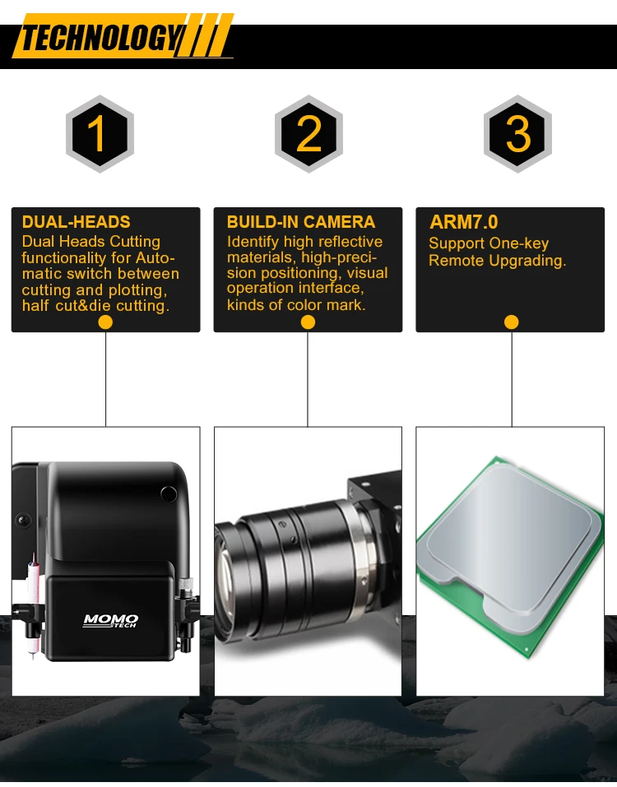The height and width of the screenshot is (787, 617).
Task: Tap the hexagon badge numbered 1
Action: (x=100, y=133)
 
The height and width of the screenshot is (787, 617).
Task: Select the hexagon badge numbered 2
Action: (x=308, y=133)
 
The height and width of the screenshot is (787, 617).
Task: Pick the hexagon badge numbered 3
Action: (x=517, y=133)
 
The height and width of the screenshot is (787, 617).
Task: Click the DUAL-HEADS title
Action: (x=77, y=222)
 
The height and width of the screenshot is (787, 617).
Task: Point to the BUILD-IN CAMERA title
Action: (x=301, y=222)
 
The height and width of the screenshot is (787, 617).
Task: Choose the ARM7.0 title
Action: (x=464, y=222)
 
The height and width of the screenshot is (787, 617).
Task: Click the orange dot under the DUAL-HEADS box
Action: (x=105, y=322)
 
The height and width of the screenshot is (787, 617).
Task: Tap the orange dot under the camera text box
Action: (x=308, y=322)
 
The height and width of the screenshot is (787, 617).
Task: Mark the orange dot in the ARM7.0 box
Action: (x=511, y=322)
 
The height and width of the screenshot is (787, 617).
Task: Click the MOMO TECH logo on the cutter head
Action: (x=110, y=621)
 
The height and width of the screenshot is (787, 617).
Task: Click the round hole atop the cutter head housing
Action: (x=169, y=494)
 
